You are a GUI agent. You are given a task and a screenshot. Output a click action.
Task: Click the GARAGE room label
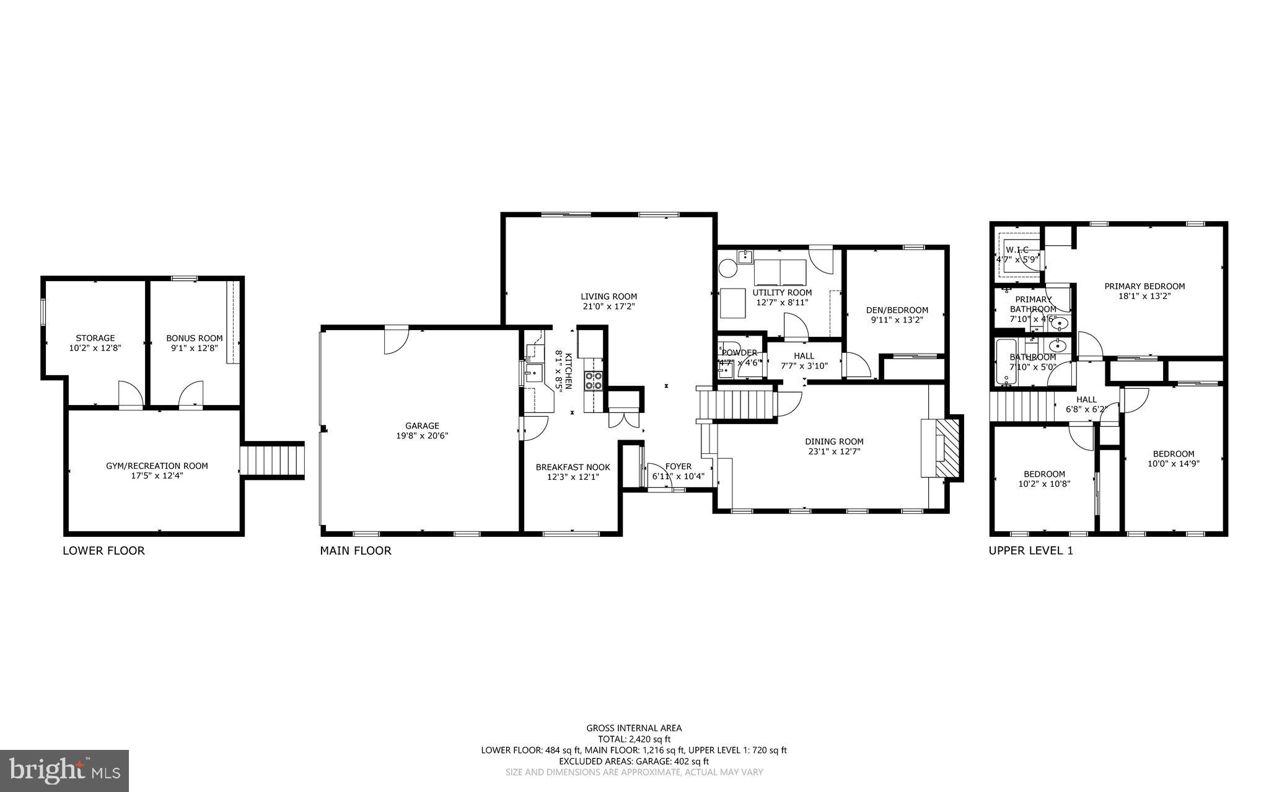[x=422, y=425]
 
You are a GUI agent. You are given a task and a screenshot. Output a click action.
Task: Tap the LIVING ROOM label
[x=608, y=297]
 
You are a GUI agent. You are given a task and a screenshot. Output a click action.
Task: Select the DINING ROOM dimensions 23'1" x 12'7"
[x=834, y=451]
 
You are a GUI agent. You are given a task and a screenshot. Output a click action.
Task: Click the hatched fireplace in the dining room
[x=947, y=447]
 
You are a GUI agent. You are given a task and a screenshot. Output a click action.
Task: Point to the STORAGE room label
[x=95, y=338]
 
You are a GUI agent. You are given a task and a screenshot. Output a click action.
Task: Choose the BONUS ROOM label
[x=194, y=338]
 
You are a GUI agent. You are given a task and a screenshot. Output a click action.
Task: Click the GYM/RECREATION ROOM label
[x=157, y=466]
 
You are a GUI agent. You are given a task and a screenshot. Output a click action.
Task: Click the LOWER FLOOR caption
[x=103, y=550]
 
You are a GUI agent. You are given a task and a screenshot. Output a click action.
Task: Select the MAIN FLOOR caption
[x=356, y=550]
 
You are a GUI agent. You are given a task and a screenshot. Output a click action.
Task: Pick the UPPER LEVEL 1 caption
[x=1030, y=550]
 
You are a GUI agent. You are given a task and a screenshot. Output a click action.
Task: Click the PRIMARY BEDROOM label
[x=1144, y=286]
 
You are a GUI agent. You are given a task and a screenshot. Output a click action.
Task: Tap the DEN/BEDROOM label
[x=896, y=310]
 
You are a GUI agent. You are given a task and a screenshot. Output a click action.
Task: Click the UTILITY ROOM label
[x=782, y=292]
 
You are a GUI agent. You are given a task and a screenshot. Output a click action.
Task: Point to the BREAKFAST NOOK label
[x=573, y=467]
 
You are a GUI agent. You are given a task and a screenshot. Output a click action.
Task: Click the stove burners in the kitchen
[x=592, y=380]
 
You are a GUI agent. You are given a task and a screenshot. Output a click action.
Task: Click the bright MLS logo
[x=64, y=770]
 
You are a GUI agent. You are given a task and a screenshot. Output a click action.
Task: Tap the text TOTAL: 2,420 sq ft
[x=634, y=739]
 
